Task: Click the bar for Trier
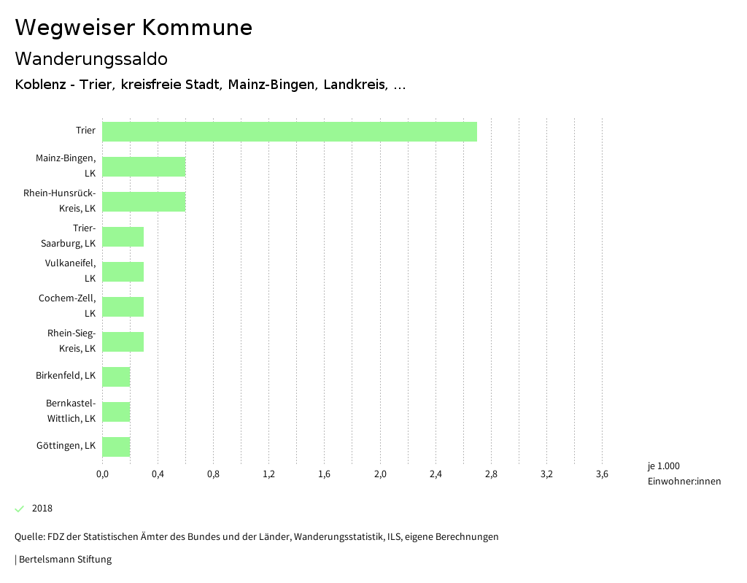289,131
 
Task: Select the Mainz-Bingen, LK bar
144,166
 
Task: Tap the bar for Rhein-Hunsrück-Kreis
144,201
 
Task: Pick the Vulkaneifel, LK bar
123,271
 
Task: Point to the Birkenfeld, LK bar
116,377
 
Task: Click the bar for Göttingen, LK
116,447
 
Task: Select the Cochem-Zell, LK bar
123,306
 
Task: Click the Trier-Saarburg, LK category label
69,236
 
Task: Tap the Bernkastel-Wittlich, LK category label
71,411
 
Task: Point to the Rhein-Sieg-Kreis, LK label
71,341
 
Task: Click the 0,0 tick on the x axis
102,474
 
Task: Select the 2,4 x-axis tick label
436,474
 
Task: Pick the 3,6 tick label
602,474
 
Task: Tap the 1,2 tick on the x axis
268,474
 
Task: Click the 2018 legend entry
42,509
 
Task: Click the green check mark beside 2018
20,509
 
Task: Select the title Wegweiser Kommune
133,28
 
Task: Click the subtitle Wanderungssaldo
91,58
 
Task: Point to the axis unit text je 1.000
663,466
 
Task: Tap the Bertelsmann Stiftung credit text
63,560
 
